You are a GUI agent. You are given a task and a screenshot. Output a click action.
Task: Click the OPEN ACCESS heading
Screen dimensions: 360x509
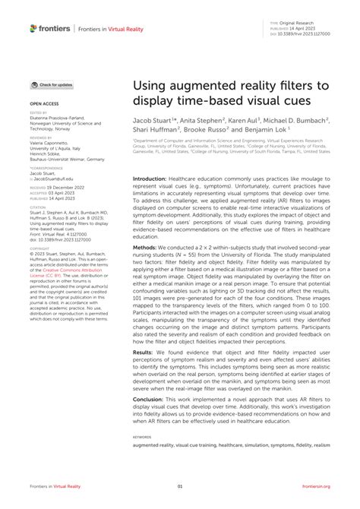pyautogui.click(x=45, y=100)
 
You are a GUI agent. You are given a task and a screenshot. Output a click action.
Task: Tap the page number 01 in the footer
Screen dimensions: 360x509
pyautogui.click(x=180, y=487)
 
